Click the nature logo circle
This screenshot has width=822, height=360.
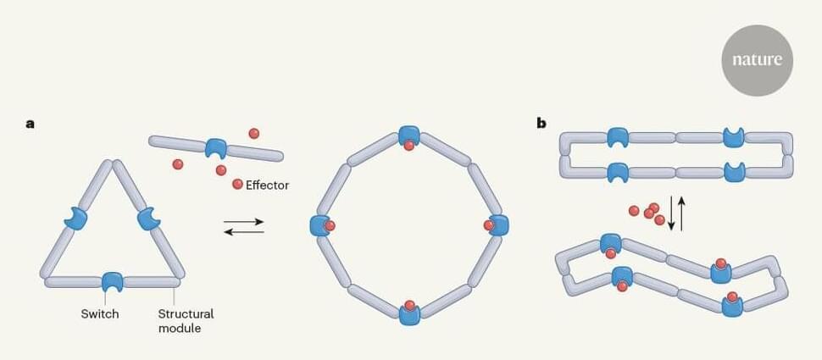(757, 60)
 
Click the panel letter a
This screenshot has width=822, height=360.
(31, 124)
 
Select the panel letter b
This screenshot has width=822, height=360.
(542, 124)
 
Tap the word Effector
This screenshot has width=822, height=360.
(267, 185)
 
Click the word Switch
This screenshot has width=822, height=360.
(99, 314)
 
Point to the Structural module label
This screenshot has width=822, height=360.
(186, 320)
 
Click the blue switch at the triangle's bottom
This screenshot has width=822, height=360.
(112, 282)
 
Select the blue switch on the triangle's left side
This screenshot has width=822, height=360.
(76, 219)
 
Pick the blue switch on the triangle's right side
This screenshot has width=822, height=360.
(148, 219)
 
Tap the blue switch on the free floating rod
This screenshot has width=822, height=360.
(217, 148)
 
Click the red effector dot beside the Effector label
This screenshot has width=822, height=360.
(237, 184)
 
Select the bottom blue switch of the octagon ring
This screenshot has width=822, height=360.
(409, 313)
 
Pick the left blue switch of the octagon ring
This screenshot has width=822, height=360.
(320, 225)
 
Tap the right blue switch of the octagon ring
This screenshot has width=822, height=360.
(498, 225)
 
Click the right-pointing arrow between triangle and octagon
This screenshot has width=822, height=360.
(244, 223)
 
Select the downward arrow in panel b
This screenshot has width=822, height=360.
(671, 213)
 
